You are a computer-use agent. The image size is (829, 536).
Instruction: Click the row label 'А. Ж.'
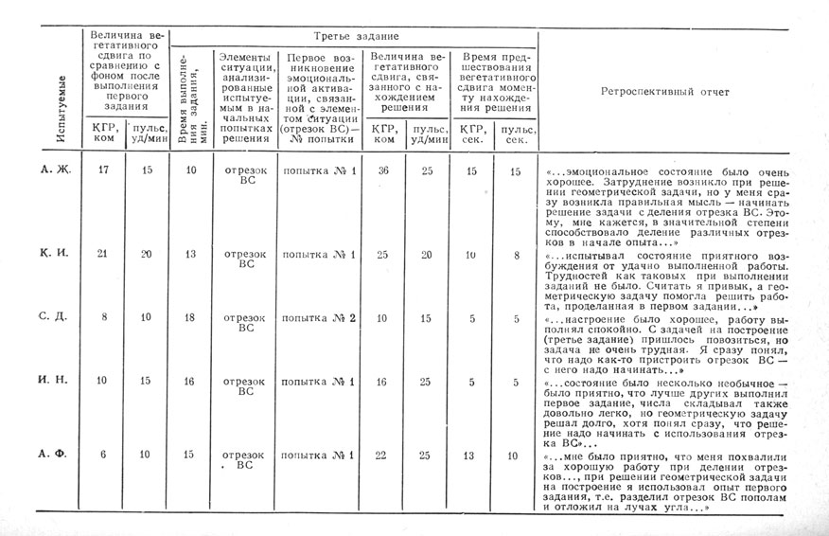click(x=55, y=171)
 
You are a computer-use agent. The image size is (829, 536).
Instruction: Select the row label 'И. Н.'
click(x=55, y=379)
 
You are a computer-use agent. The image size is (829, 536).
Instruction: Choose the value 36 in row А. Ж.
click(x=383, y=171)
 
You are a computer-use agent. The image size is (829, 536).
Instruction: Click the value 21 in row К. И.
click(x=104, y=255)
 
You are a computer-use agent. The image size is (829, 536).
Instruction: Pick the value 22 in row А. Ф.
click(x=383, y=455)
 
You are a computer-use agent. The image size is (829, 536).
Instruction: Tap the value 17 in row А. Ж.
click(x=104, y=171)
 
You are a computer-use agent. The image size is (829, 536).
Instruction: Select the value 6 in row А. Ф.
click(x=103, y=455)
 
